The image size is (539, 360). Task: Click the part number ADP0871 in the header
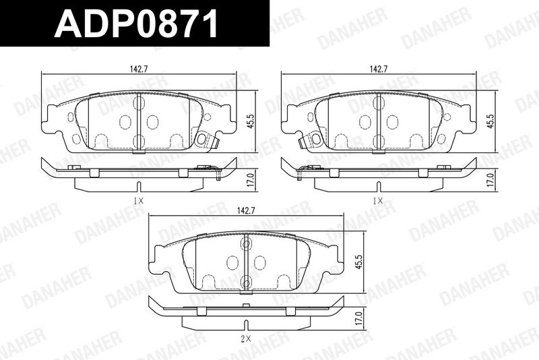point(136,24)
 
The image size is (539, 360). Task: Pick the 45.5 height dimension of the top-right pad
point(491,121)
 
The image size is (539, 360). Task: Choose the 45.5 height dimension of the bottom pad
point(358,262)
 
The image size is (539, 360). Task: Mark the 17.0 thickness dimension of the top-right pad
point(491,180)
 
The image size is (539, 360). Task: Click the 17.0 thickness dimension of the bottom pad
point(358,319)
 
